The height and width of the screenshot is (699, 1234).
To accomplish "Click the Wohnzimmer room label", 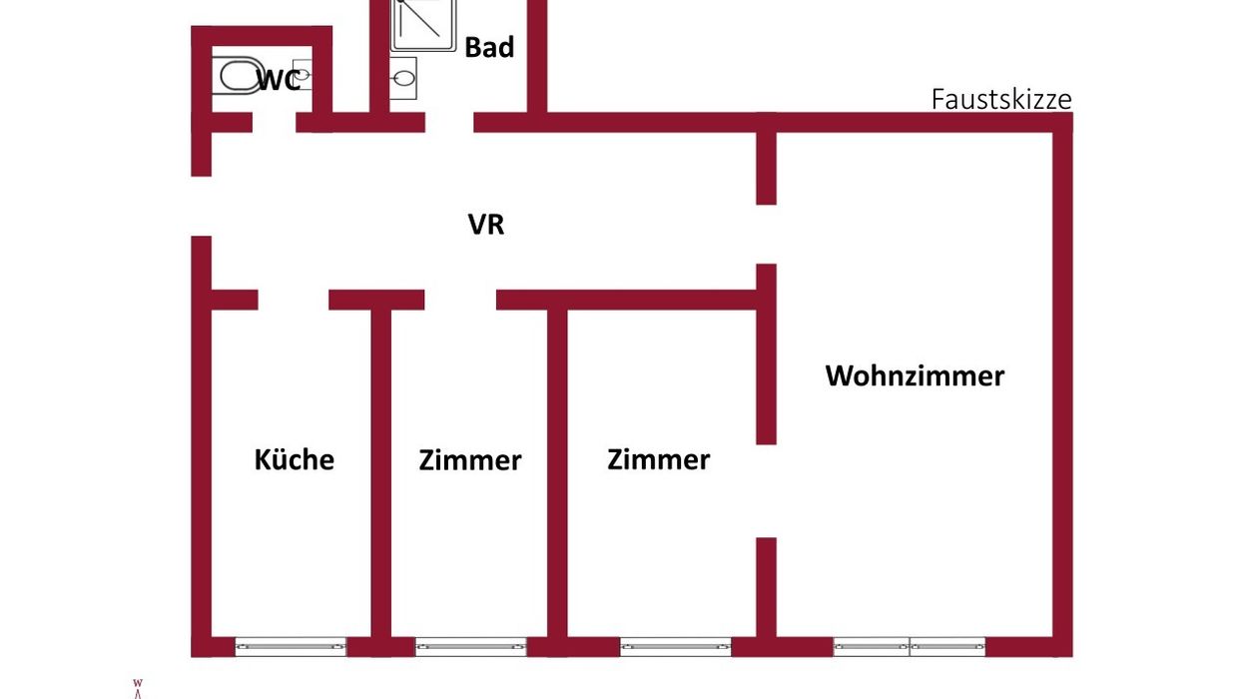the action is tap(915, 376).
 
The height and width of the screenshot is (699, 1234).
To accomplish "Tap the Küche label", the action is tap(295, 459).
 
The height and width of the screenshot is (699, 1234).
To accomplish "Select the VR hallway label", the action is tap(486, 225).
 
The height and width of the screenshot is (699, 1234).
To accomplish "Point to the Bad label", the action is tap(489, 47).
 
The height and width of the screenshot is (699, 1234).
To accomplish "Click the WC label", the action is tap(279, 81).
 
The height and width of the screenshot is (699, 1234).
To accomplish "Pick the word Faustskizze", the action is tap(1001, 100).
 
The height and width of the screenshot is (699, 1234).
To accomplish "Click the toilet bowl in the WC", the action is tap(238, 76).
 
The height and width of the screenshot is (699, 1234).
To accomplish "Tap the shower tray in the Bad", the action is tap(423, 25).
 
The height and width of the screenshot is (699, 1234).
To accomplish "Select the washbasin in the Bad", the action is tap(403, 78).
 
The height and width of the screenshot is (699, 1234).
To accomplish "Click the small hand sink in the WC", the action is tap(303, 74).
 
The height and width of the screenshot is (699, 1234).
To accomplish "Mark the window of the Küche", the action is tap(291, 647).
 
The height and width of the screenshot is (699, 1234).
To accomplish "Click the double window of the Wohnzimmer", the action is tap(910, 647).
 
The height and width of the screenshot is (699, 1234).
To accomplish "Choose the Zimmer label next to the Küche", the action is tap(470, 460).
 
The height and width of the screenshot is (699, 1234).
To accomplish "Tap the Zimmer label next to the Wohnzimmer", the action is tap(658, 459).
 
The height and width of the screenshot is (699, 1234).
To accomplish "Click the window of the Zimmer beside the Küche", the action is tap(471, 647).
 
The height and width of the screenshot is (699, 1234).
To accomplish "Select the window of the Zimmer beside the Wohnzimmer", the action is tap(676, 647).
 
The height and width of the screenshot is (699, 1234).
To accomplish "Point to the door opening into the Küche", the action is tap(294, 301).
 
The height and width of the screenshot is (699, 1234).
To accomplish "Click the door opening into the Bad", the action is tap(449, 122).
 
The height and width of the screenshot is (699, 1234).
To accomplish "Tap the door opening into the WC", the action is tap(275, 122).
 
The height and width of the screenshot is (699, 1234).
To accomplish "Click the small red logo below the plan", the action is tap(138, 689).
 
